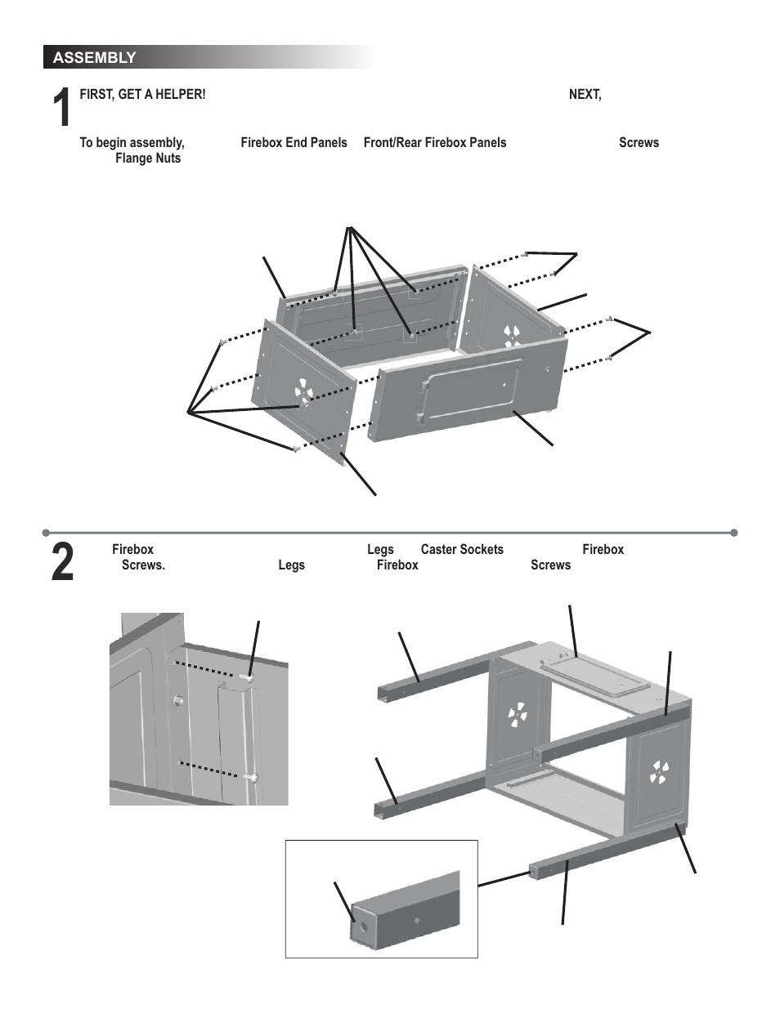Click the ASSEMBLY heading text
tap(94, 58)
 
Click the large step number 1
tap(61, 109)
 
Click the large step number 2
tap(62, 564)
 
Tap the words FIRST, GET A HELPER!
tap(142, 95)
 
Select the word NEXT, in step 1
tap(585, 95)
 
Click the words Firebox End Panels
tap(294, 143)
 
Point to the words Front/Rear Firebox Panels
tap(434, 143)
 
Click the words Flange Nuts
tap(148, 158)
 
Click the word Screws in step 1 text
tap(639, 143)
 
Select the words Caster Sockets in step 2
tap(462, 550)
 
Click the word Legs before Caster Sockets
tap(380, 550)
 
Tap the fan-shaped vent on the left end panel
tap(302, 392)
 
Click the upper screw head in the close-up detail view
tap(249, 678)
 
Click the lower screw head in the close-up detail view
tap(255, 777)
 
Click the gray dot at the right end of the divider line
tap(733, 533)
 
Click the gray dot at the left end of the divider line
tap(46, 533)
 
